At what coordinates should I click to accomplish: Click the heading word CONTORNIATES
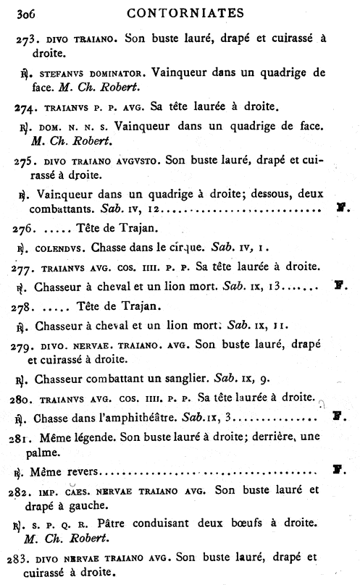tap(187, 12)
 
